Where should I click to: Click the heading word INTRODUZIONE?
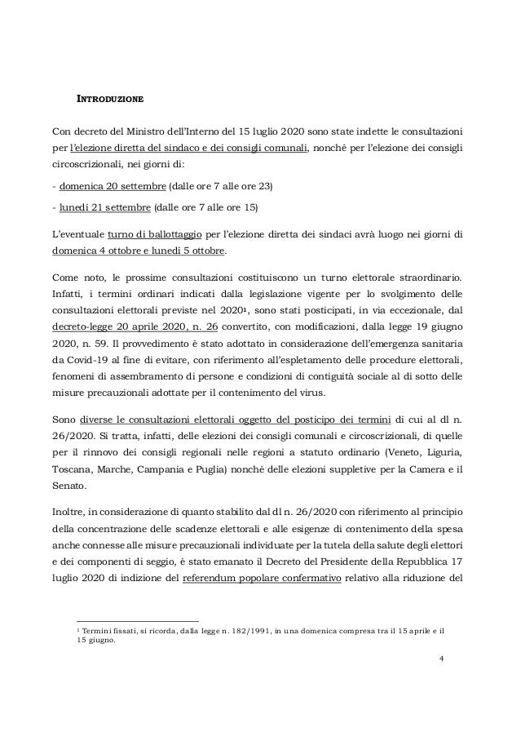[110, 100]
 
